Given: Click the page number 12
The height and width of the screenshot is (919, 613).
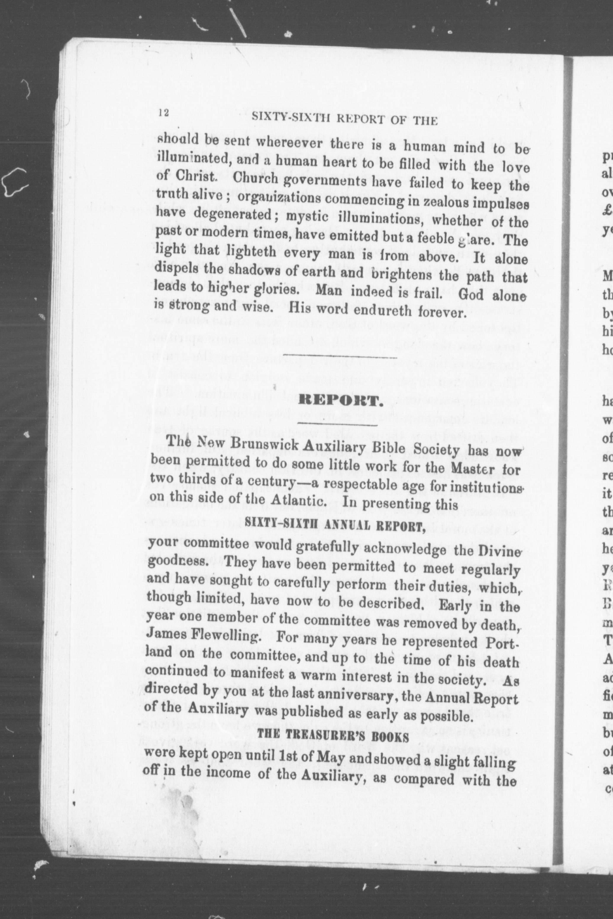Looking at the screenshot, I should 163,113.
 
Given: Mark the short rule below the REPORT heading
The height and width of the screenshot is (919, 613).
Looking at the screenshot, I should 337,425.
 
